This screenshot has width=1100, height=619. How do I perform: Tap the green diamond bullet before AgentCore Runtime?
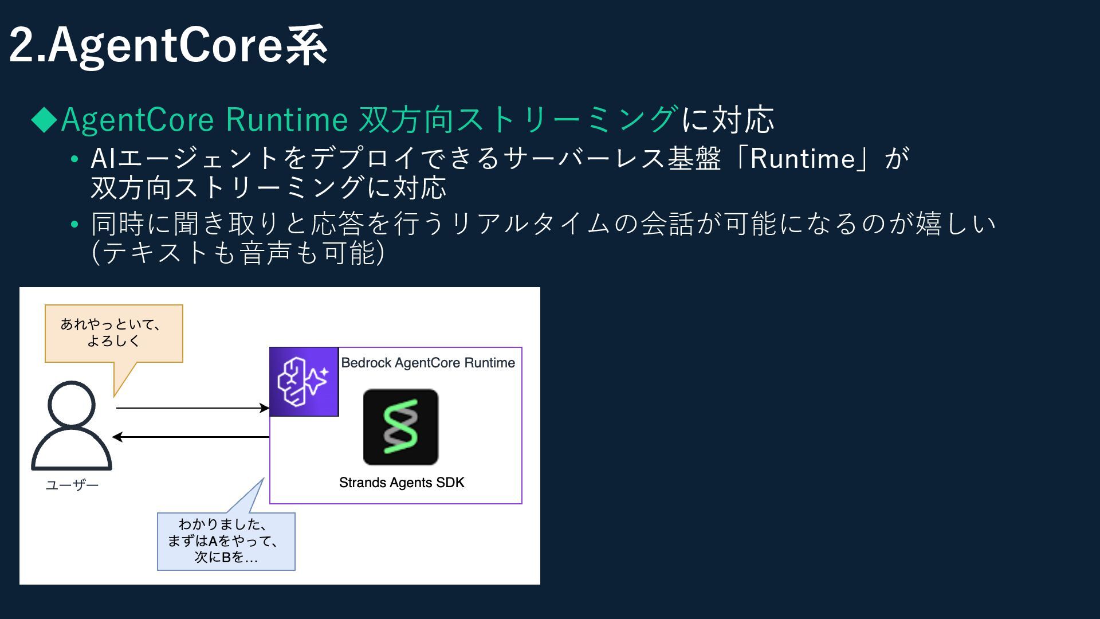coord(44,119)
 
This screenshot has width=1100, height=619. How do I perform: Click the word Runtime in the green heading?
coord(286,119)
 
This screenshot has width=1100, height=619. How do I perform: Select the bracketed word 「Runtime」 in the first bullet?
coord(802,159)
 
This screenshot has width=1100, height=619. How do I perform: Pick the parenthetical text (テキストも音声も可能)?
coord(238,253)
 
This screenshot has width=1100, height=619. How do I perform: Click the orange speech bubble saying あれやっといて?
coord(113,333)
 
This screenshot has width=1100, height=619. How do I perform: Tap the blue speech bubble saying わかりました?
coord(226,541)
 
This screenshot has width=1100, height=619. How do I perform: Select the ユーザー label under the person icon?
coord(72,485)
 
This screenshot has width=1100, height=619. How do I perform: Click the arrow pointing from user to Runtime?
coord(192,408)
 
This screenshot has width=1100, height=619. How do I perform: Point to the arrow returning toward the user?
coord(192,437)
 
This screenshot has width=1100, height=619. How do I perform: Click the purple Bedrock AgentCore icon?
coord(304,382)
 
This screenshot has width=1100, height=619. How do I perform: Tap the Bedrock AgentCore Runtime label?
coord(428,363)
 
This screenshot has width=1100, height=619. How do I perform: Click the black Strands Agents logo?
coord(400,427)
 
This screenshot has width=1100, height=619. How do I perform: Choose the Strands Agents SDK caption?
coord(402,483)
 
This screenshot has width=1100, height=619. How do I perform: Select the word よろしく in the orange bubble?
coord(113,341)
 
